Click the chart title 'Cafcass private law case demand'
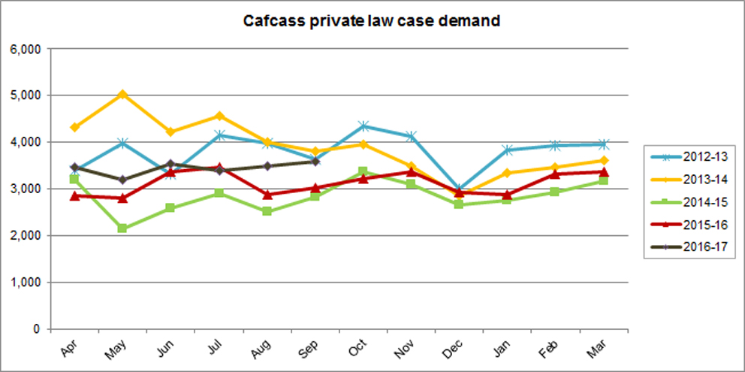click(372, 21)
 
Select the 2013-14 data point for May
click(122, 94)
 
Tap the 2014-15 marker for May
click(122, 228)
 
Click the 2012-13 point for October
click(363, 126)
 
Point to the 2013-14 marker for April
click(74, 127)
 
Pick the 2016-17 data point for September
click(315, 161)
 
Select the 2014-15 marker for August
click(267, 211)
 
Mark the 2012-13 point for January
click(507, 150)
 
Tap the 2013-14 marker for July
click(219, 116)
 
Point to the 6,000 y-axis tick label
click(26, 49)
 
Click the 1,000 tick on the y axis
click(26, 283)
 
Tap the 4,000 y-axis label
click(26, 142)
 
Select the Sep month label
click(311, 347)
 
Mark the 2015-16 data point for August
click(267, 195)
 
